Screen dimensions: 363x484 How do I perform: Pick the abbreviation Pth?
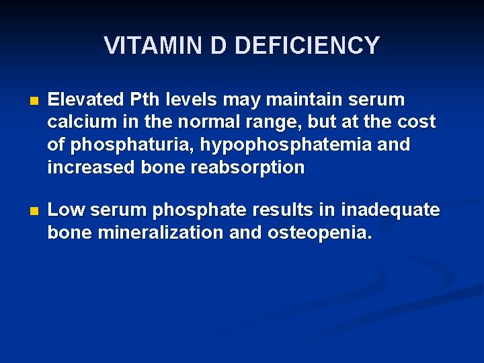143,100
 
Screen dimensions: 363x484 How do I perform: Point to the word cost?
417,122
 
